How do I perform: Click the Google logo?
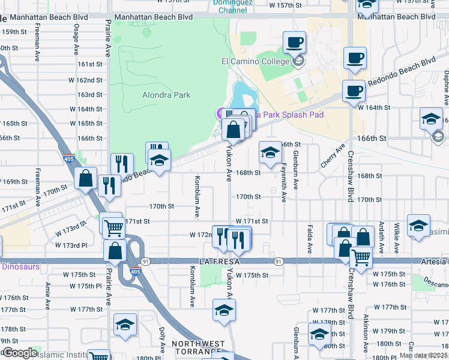pyautogui.click(x=20, y=353)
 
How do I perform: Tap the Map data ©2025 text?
pyautogui.click(x=424, y=355)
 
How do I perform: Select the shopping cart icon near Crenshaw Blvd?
pyautogui.click(x=361, y=257)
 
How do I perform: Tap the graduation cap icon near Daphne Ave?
pyautogui.click(x=431, y=119)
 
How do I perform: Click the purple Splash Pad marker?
pyautogui.click(x=220, y=114)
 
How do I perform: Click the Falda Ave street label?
pyautogui.click(x=310, y=238)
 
